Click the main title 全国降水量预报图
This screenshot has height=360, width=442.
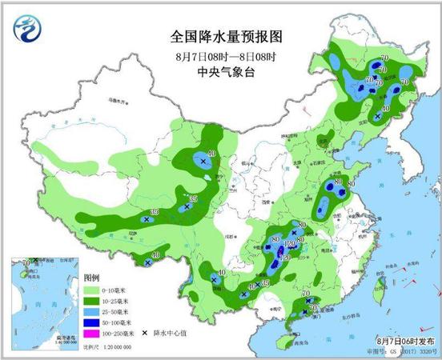[x=226, y=37]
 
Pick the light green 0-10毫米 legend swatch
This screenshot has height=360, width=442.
[x=90, y=289]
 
